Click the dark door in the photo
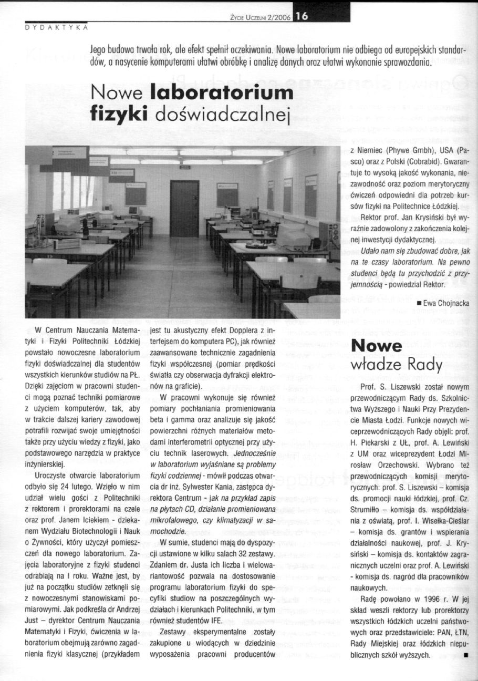tap(184, 208)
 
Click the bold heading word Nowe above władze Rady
tap(376, 346)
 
